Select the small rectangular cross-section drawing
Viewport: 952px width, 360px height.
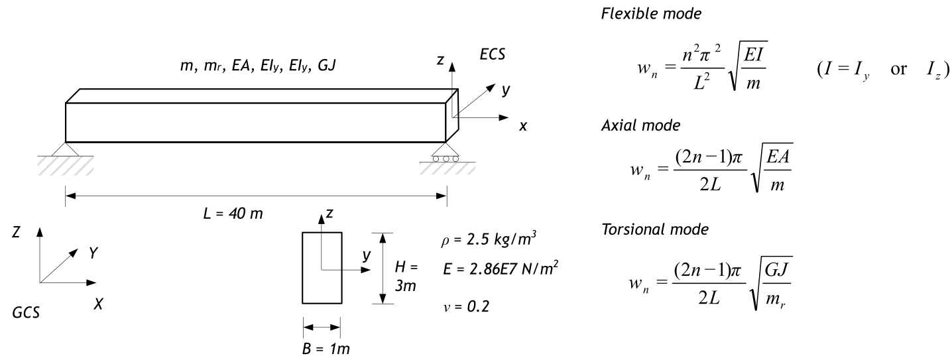pos(322,268)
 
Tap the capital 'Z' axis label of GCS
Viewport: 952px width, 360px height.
pos(23,233)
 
